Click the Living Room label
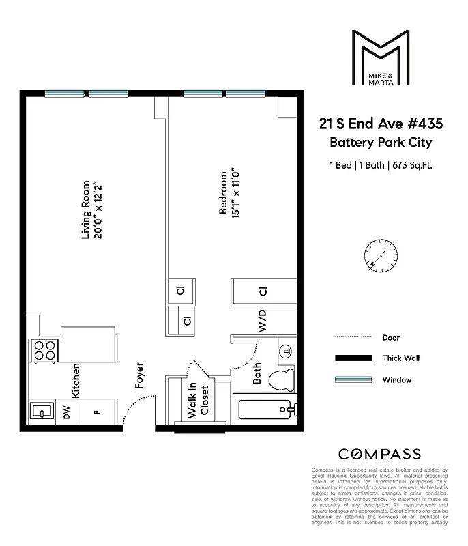(x=86, y=209)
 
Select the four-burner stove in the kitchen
(x=44, y=351)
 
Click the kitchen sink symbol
(x=42, y=412)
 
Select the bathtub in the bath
(x=267, y=410)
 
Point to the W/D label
(x=262, y=320)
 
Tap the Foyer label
(x=140, y=375)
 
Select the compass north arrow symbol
(x=381, y=257)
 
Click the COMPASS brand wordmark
(x=380, y=455)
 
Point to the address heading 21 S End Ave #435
(x=381, y=124)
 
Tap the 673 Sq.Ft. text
(x=412, y=164)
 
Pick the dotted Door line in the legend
(x=353, y=337)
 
